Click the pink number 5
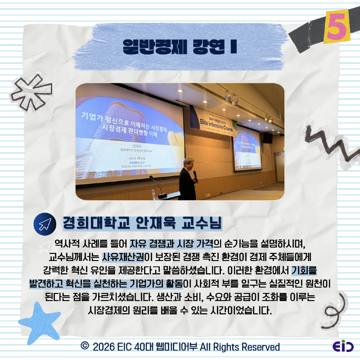tap(335, 28)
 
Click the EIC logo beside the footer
tap(343, 346)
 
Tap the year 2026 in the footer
tap(103, 346)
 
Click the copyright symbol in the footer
tap(84, 346)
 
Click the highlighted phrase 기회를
tap(304, 271)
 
